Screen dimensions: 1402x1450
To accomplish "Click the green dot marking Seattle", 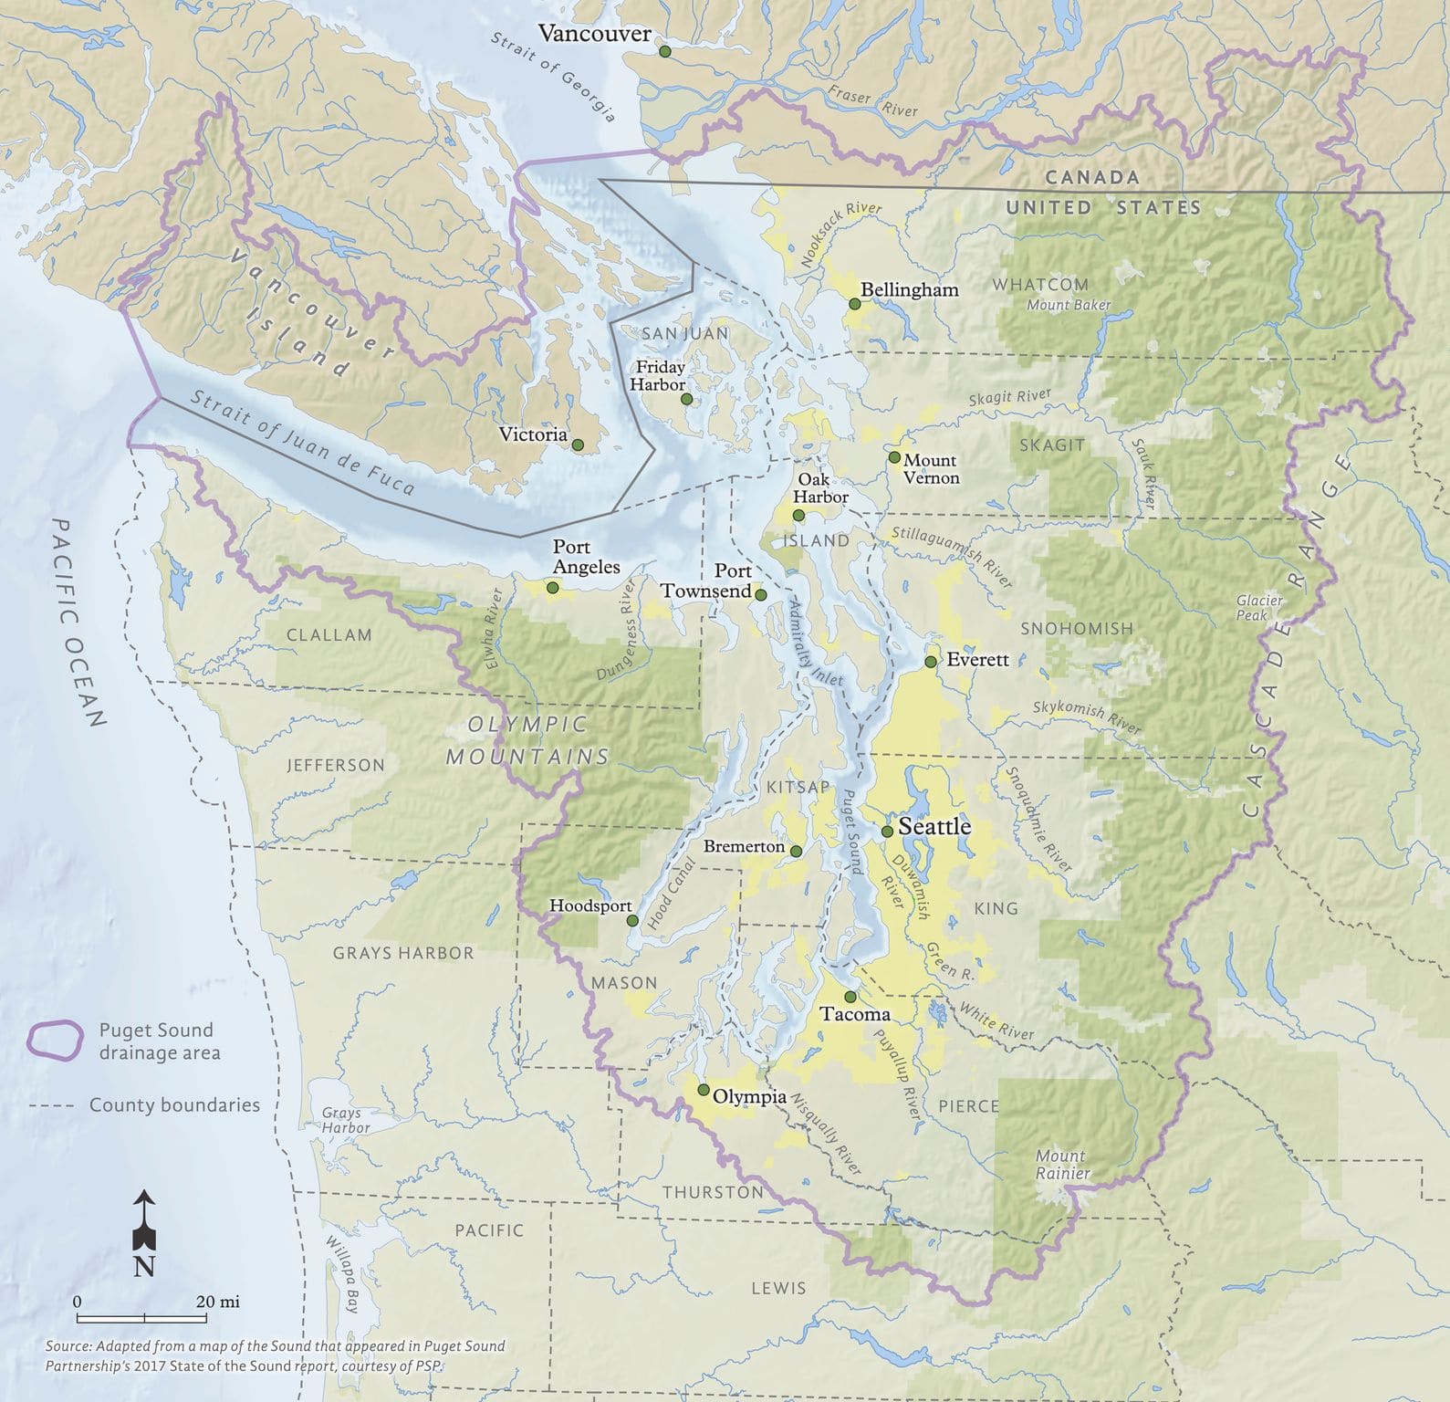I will point(887,832).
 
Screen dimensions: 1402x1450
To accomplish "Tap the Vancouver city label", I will point(594,34).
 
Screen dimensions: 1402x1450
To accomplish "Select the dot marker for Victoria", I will point(578,445).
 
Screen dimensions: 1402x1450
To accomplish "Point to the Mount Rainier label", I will point(1061,1164).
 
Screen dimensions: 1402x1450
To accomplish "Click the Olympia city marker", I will point(704,1090).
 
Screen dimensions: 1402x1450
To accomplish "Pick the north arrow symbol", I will point(144,1222).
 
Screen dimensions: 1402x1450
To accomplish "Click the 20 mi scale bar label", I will point(218,1302).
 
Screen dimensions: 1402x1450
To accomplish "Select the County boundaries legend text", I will point(174,1104).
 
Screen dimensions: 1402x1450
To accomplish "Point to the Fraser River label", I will point(873,101).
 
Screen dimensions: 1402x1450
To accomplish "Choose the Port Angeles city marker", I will point(552,588).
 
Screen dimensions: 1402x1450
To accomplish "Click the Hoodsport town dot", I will point(632,921).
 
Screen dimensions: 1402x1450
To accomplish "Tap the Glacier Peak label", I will point(1259,607).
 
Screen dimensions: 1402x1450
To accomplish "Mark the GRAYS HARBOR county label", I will point(402,953).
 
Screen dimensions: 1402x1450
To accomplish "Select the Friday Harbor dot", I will point(686,399).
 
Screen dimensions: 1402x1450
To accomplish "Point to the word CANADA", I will point(1091,178).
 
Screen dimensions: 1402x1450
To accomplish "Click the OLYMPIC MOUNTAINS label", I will point(527,740).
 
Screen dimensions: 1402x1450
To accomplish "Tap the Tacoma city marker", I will point(850,997).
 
